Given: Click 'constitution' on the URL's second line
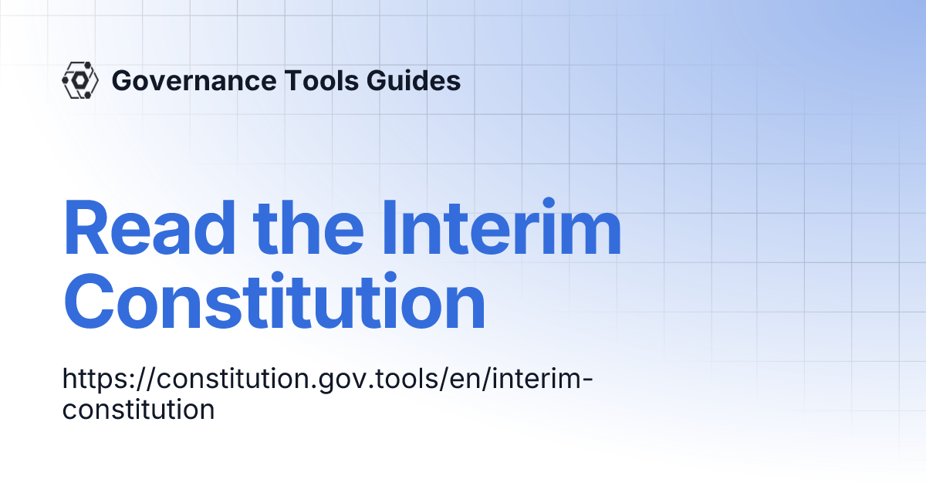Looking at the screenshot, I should [x=138, y=409].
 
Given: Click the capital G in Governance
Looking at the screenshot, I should [x=122, y=80].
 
